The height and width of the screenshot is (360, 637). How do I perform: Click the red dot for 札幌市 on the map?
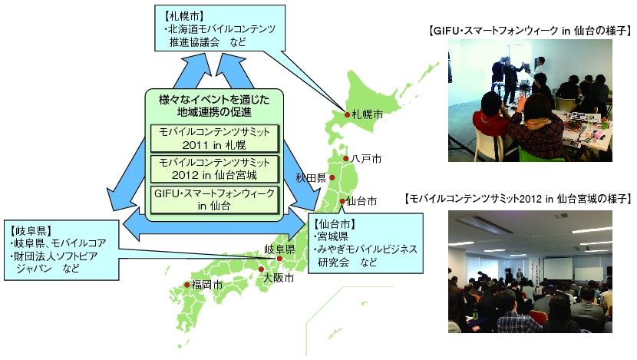(x=348, y=115)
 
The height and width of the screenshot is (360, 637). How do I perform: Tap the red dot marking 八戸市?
(x=346, y=158)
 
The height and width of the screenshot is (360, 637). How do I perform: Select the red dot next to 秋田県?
(x=332, y=177)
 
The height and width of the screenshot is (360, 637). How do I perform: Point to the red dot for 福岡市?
(x=186, y=285)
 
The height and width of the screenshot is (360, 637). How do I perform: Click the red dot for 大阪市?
(x=261, y=269)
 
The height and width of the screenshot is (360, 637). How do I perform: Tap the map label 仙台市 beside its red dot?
(x=361, y=201)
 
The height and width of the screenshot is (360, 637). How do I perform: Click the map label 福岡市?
(x=207, y=285)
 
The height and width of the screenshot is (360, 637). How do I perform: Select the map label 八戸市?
(x=366, y=158)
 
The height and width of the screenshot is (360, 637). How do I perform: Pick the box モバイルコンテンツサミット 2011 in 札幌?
(x=214, y=139)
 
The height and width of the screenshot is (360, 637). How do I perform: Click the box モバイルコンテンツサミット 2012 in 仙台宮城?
(x=214, y=169)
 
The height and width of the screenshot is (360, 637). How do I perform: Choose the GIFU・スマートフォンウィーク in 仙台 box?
(x=214, y=200)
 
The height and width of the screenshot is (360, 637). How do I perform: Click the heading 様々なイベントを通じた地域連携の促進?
(x=214, y=106)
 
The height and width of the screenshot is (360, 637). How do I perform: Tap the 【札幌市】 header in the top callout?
(x=184, y=16)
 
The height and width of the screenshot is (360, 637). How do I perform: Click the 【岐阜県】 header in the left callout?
(x=31, y=231)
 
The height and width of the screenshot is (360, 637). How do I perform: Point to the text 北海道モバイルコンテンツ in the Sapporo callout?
(x=222, y=29)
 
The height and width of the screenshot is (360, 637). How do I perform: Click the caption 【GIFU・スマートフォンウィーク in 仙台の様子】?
(x=530, y=31)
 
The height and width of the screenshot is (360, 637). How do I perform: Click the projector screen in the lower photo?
(x=557, y=268)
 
